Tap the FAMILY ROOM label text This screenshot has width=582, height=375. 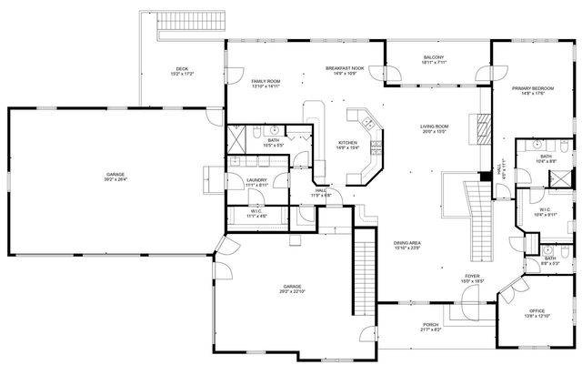point(266,82)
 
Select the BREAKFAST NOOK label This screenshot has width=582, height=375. point(346,69)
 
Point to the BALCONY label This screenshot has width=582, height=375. point(434,58)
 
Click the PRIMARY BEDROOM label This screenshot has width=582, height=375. point(533,88)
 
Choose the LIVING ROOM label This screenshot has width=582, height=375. point(436,127)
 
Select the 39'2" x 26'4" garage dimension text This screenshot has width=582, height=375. point(115,179)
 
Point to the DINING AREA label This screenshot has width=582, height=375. point(406,243)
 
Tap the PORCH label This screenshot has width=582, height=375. point(430,324)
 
